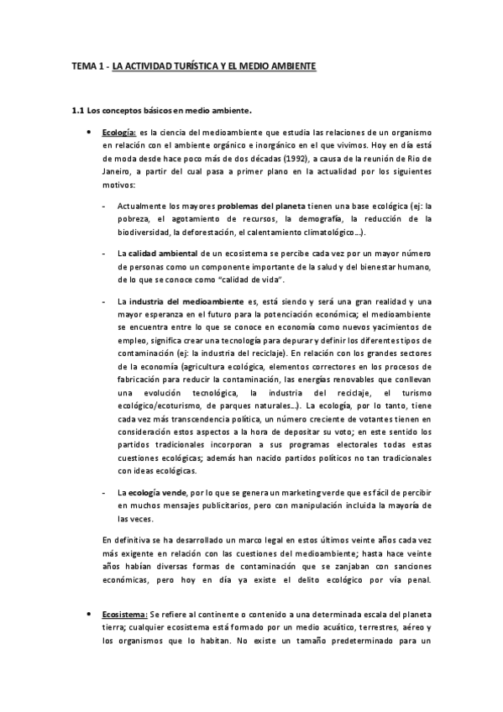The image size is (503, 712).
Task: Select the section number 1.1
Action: tap(79, 110)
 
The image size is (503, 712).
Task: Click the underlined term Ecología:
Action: tap(119, 133)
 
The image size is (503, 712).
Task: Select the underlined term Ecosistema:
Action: tap(124, 615)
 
